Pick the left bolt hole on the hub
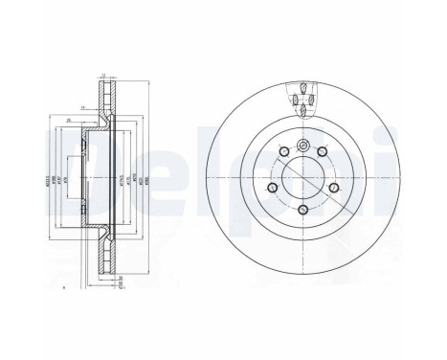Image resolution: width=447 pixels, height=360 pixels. (271, 187)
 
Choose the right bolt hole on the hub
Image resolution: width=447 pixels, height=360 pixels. (335, 188)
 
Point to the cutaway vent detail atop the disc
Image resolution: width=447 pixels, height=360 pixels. (303, 99)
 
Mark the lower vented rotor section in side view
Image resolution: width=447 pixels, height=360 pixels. (107, 257)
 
